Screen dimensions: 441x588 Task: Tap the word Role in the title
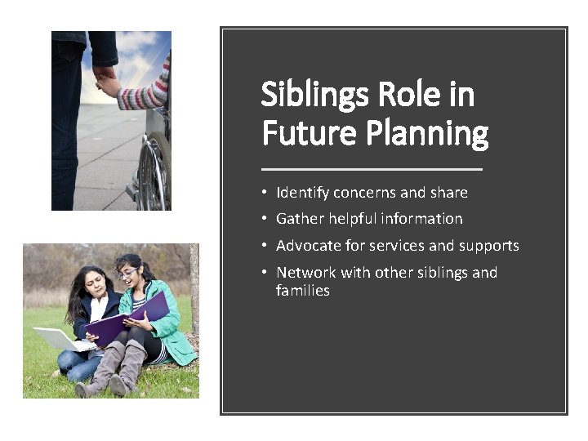coord(405,96)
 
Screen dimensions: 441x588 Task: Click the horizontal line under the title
coord(372,168)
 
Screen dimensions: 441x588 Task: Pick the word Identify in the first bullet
coord(302,194)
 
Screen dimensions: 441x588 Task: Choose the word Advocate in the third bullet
coord(309,246)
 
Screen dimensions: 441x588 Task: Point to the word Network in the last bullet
coord(306,273)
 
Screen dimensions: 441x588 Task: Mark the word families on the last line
coord(302,291)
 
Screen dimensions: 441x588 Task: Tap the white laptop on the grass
coord(57,338)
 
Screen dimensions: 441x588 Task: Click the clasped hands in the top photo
coord(106,82)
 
